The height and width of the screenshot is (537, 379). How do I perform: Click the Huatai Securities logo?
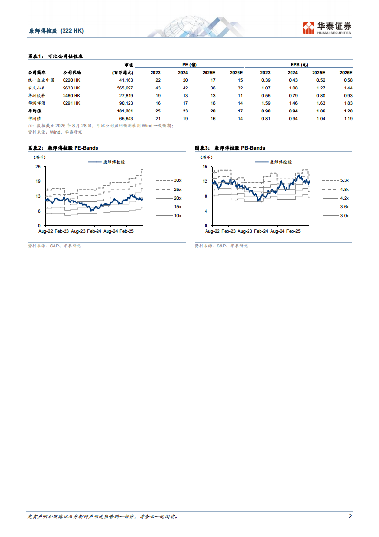point(327,28)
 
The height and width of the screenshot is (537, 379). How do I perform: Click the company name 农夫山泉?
point(36,88)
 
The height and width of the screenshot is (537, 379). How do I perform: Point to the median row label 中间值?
point(34,118)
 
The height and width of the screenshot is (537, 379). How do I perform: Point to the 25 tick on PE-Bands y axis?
point(38,167)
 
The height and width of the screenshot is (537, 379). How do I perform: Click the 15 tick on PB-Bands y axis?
point(205,167)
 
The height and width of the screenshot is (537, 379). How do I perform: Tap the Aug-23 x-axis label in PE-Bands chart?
point(78,231)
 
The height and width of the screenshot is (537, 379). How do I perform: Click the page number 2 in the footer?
point(350,516)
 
